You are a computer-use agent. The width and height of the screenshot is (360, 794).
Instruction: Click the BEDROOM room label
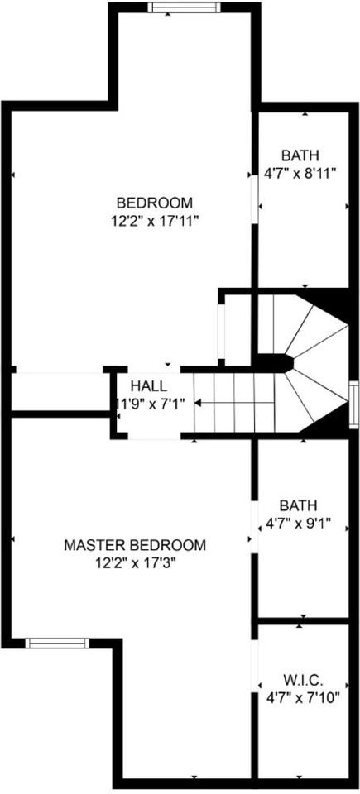click(x=154, y=203)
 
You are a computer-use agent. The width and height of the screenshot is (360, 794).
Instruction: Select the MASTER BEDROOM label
click(x=135, y=546)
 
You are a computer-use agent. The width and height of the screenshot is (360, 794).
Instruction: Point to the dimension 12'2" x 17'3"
click(x=135, y=562)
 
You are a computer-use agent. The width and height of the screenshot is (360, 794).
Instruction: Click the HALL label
click(x=148, y=386)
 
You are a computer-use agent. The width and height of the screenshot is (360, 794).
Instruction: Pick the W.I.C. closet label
click(x=302, y=680)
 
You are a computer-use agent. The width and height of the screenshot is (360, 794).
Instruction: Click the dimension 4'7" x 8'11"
click(x=300, y=173)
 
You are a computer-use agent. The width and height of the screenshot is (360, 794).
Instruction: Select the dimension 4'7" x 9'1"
click(x=299, y=522)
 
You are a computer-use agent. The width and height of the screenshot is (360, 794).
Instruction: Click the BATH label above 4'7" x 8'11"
click(x=300, y=155)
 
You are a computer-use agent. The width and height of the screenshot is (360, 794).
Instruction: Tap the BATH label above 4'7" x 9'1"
click(x=299, y=505)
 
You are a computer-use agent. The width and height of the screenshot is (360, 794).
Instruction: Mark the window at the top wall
click(x=184, y=8)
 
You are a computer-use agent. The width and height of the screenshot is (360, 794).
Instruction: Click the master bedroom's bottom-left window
click(x=56, y=643)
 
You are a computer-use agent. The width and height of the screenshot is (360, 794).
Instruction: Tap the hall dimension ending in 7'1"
click(x=148, y=404)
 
